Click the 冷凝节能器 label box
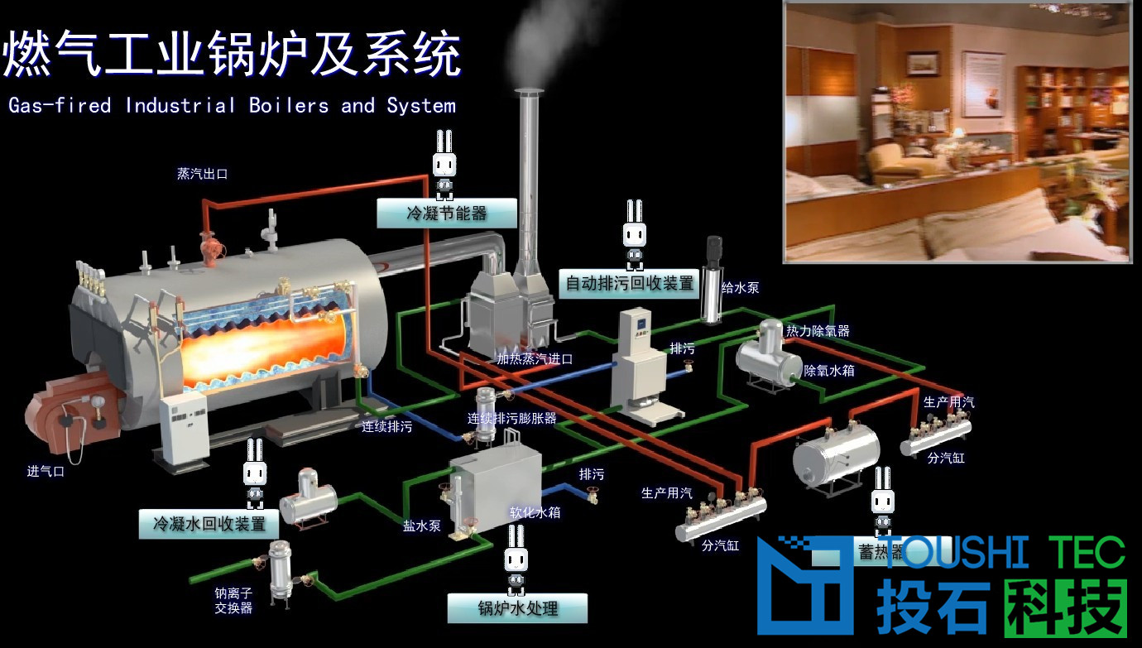coord(446,214)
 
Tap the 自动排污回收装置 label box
coord(629,284)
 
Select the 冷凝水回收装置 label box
coord(209,524)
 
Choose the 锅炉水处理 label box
coord(517,608)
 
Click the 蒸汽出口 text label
coord(202,174)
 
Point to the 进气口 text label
coord(46,472)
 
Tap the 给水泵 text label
coord(740,288)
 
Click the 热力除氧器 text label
coord(817,331)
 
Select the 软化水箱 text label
coord(535,512)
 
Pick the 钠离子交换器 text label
coord(233,600)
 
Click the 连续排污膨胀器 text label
coord(511,418)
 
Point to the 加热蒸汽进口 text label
coord(535,359)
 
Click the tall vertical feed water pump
coord(712,281)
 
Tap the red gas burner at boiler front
coord(70,414)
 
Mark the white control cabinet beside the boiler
coord(184,429)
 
